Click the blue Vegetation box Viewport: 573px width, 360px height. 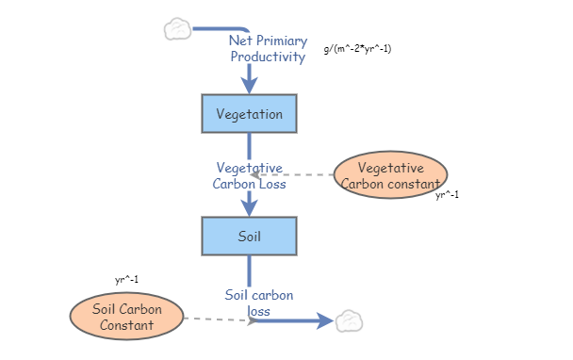249,114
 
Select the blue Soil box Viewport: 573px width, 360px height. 249,236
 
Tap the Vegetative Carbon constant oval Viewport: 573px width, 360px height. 390,175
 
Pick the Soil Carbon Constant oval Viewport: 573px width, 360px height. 127,317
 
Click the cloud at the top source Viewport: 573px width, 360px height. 177,29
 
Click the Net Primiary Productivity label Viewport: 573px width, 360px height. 268,49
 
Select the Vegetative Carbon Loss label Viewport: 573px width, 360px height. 249,175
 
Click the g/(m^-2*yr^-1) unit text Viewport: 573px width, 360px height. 357,48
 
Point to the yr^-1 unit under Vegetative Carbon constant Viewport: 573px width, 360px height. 447,196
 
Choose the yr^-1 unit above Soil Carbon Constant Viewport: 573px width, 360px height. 127,280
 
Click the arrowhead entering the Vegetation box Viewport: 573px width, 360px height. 249,85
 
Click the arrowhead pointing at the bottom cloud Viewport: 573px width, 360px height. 326,321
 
